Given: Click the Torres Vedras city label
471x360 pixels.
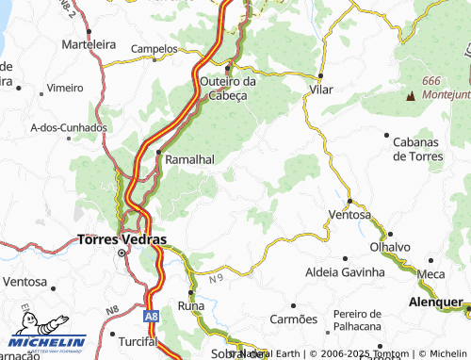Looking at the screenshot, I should (x=121, y=239).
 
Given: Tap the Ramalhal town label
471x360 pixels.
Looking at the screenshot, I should (x=192, y=160).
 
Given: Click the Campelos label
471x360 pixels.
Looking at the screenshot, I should (x=154, y=48).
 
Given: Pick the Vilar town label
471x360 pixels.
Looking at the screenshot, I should (x=321, y=90).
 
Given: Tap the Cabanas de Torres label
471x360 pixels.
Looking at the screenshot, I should (x=413, y=148).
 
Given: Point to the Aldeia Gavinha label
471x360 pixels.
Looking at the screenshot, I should (x=345, y=271).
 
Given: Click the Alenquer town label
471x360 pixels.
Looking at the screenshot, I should (x=436, y=303).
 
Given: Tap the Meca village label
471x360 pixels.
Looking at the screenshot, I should (x=430, y=273).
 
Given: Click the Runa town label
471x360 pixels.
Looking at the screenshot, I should (x=190, y=306).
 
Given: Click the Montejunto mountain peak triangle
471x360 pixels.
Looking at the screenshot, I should (x=410, y=95).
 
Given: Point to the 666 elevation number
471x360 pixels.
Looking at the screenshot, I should (x=431, y=81).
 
